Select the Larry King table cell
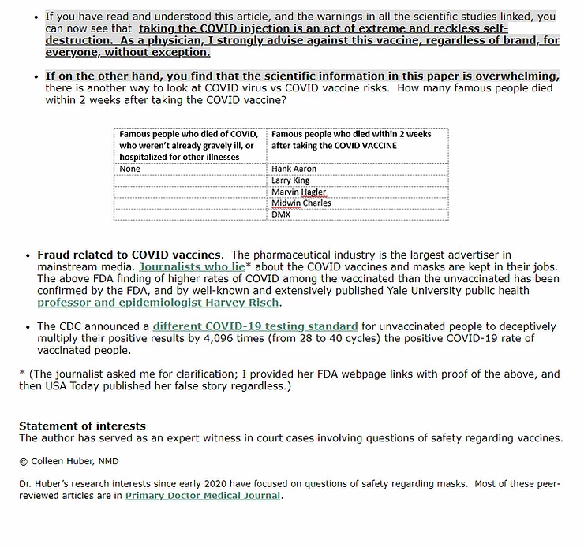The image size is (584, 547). pos(290,180)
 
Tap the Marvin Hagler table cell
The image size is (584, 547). pos(298,192)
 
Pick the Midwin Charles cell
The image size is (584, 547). pos(301,203)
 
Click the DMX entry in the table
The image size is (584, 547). pos(281,214)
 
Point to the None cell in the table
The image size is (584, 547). pos(130,169)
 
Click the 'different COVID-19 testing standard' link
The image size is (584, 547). pos(255,326)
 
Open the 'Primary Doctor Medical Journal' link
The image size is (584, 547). pos(203,496)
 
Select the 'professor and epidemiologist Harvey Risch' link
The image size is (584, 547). pos(159,302)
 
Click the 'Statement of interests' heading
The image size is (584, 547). pos(82,426)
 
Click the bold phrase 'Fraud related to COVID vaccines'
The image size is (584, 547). pos(129,255)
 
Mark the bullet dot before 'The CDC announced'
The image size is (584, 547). pos(29,326)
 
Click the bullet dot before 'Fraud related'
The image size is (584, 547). pos(29,255)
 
